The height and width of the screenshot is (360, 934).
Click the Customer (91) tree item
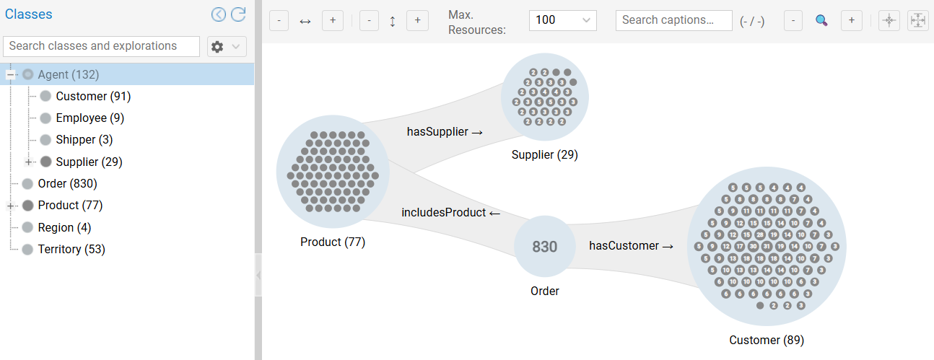[93, 96]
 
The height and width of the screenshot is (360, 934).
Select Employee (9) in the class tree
[90, 118]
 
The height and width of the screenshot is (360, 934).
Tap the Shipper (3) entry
[84, 139]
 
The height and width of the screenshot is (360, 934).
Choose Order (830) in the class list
[67, 183]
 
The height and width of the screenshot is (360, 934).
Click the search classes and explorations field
[102, 46]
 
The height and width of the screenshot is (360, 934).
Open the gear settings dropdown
[227, 47]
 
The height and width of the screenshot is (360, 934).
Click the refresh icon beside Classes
[238, 14]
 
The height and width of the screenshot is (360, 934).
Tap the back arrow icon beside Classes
[219, 14]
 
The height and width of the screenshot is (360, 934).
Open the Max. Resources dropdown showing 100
[562, 20]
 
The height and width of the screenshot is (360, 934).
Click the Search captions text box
[673, 20]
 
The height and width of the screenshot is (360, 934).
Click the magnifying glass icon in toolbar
[821, 20]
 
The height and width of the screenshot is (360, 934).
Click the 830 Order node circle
[544, 246]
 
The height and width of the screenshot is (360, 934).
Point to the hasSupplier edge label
[445, 131]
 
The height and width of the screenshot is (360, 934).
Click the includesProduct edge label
[450, 213]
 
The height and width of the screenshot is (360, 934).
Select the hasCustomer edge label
[631, 246]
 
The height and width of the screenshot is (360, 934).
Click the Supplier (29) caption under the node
[544, 154]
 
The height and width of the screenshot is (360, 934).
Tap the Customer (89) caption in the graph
[766, 340]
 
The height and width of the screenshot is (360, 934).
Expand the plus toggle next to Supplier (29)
[29, 162]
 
